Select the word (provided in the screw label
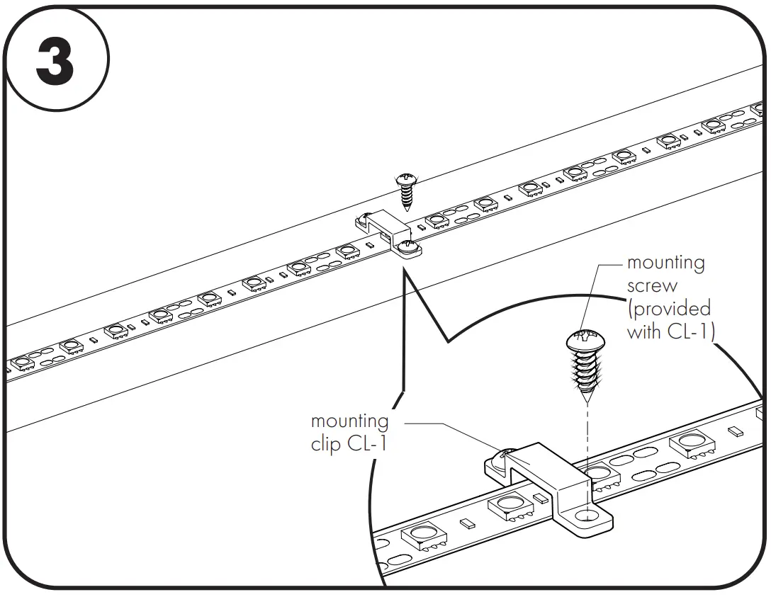coord(668,309)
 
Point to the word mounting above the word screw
coord(665,263)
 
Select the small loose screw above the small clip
coord(406,189)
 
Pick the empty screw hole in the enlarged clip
coord(587,516)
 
